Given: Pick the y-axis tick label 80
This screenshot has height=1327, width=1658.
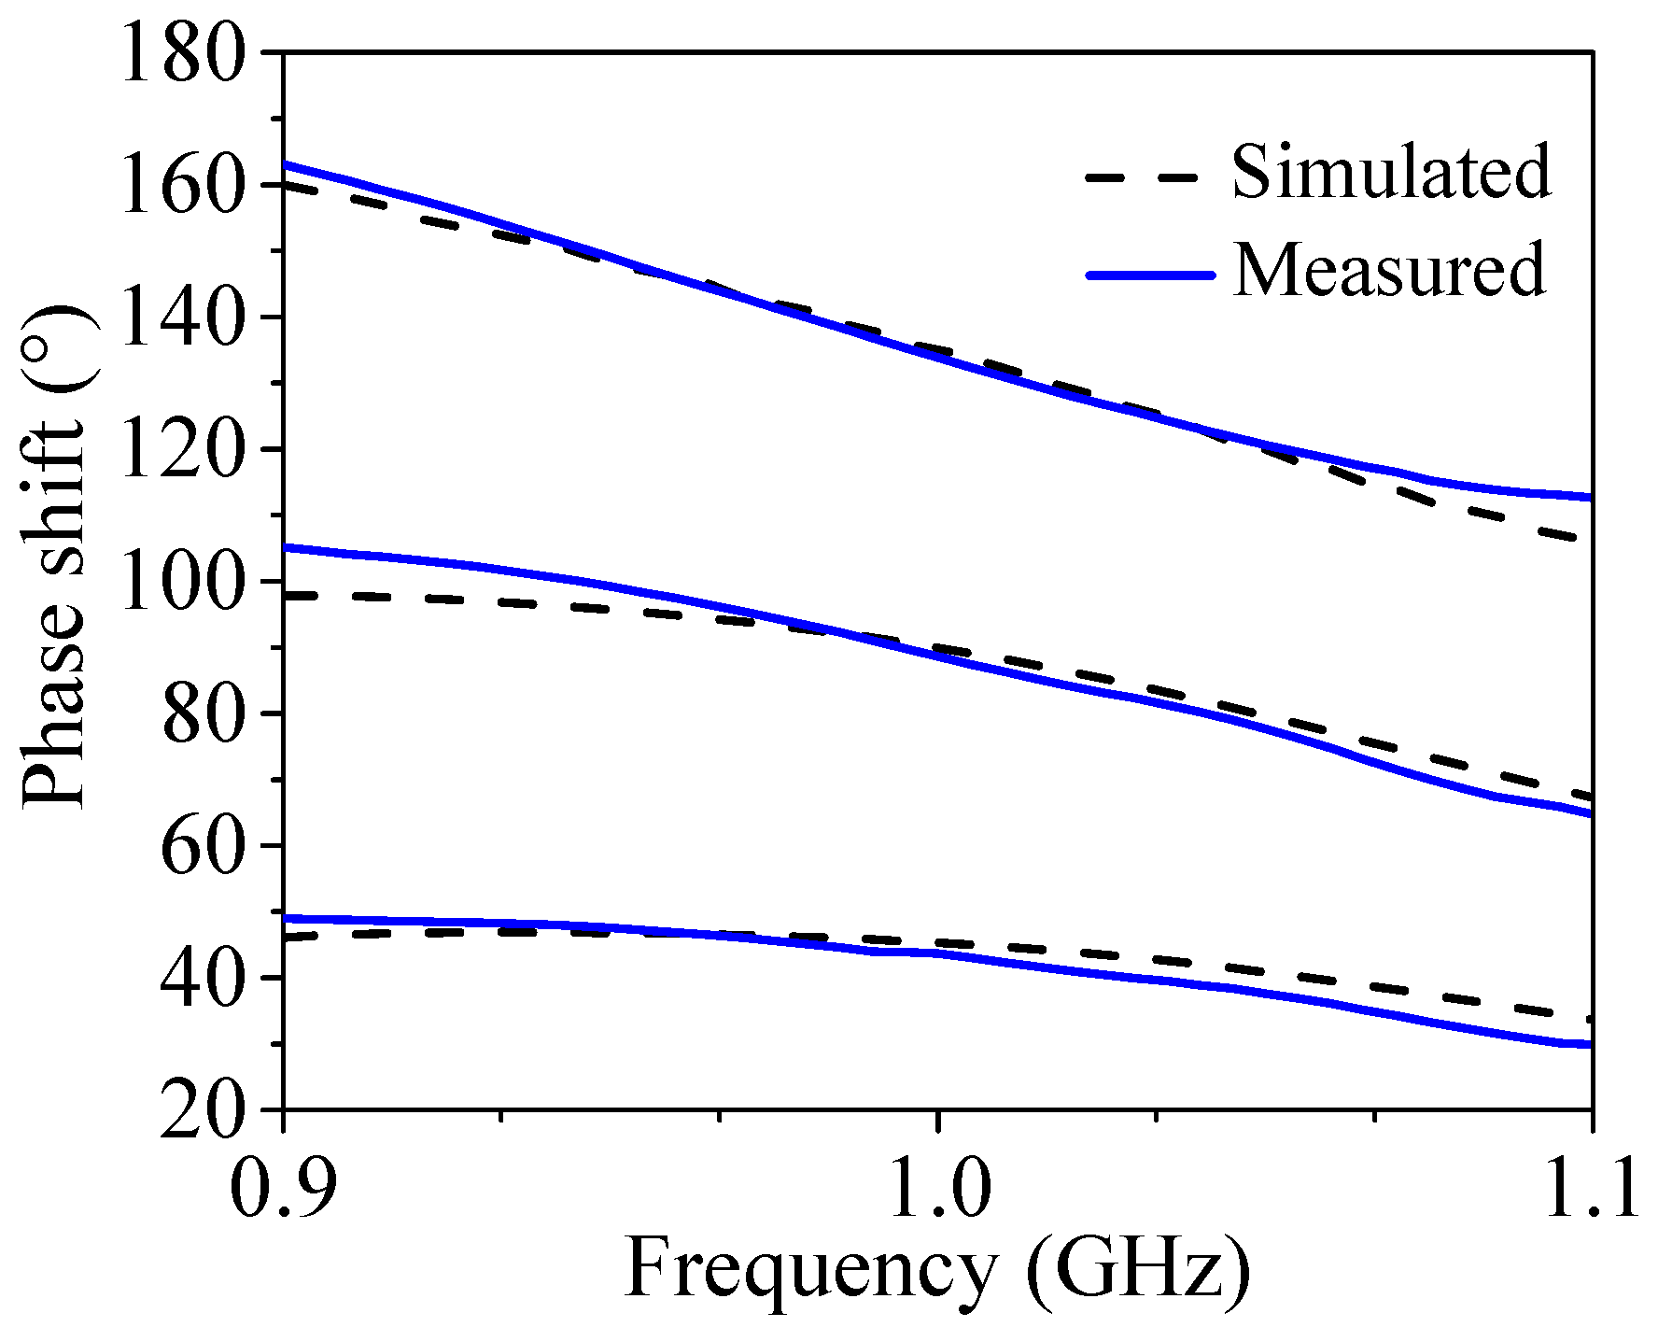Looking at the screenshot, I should coord(208,713).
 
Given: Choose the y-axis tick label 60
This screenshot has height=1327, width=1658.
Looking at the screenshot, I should coord(208,845).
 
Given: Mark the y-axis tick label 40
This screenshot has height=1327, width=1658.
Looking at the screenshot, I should coord(208,978).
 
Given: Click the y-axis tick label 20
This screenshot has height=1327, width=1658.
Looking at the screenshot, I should coord(208,1109).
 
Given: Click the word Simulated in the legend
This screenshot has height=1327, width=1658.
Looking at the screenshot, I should coord(1391,172).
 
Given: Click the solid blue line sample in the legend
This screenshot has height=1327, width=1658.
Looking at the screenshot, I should coord(1149,275).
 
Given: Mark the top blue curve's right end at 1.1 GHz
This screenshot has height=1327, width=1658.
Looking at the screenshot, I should coord(1589,498).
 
